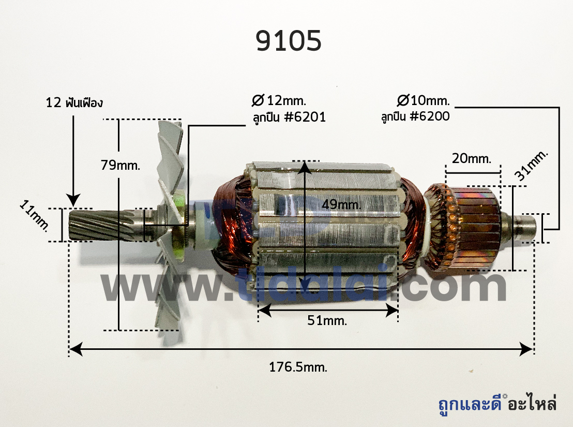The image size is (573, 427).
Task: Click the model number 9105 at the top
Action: (x=289, y=40)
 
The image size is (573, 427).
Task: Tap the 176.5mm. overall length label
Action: (x=298, y=367)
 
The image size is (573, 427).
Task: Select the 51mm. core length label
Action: (x=327, y=320)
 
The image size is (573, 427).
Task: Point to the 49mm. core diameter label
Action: (x=341, y=204)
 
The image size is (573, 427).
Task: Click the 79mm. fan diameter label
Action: (x=120, y=165)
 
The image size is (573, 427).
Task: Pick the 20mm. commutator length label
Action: (x=472, y=159)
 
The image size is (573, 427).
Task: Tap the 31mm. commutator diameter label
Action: (x=531, y=165)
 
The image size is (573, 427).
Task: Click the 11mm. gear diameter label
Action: (x=34, y=216)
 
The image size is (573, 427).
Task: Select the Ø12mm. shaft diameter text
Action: (x=279, y=100)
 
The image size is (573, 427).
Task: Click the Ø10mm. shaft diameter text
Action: (x=423, y=100)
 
